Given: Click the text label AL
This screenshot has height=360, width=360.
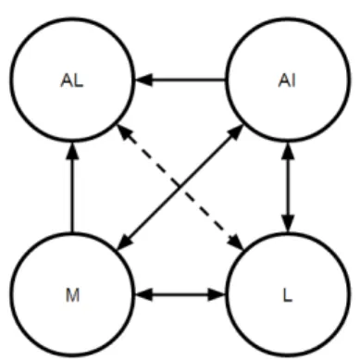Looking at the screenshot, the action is point(72,81).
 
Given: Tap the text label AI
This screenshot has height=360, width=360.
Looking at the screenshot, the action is point(287,81).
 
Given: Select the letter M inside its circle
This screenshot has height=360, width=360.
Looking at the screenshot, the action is point(72,295).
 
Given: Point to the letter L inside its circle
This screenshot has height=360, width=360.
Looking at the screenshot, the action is point(287,295).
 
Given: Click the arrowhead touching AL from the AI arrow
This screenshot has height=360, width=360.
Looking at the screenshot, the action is point(143,81).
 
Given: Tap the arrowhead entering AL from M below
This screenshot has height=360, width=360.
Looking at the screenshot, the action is point(72,151).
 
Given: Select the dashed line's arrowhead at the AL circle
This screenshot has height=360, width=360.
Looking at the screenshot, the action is point(125,132).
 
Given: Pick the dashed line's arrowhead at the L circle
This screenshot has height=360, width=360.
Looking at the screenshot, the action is point(236,242).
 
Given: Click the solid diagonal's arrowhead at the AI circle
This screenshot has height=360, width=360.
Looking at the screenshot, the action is point(236,132).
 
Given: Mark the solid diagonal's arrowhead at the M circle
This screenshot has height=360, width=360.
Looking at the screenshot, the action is point(125,242).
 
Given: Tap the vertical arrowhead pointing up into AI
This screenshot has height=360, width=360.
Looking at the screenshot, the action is point(288,151).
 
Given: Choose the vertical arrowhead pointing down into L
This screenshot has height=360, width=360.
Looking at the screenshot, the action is point(288,223).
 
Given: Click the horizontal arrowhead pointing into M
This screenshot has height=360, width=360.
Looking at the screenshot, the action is point(143,295).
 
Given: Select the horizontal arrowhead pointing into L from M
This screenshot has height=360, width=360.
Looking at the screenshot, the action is point(217,295).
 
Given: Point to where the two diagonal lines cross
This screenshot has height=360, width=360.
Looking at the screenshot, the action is point(180,187).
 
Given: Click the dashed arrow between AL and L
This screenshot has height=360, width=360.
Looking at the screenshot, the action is point(180,187).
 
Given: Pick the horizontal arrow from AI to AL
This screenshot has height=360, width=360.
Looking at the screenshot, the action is point(180,81).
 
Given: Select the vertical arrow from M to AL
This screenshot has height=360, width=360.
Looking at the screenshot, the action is point(72,187).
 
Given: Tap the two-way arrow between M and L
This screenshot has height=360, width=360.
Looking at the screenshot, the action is point(180,295).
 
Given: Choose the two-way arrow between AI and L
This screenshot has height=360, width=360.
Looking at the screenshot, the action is point(288,187).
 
